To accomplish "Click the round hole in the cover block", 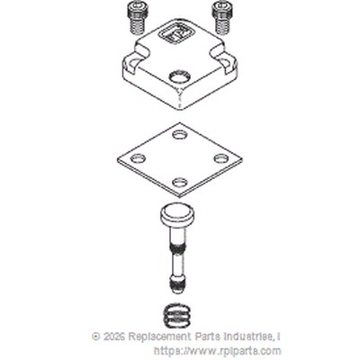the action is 179,77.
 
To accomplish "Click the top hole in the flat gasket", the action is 179,135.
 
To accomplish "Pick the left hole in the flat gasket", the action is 138,157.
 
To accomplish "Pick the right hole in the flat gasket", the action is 221,157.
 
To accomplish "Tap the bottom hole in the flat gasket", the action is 179,182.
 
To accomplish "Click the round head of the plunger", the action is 178,215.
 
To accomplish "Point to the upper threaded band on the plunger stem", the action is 178,247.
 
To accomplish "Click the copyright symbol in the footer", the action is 96,337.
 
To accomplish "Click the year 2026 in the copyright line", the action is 114,337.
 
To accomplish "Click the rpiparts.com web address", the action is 218,351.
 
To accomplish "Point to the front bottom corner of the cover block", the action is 179,109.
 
